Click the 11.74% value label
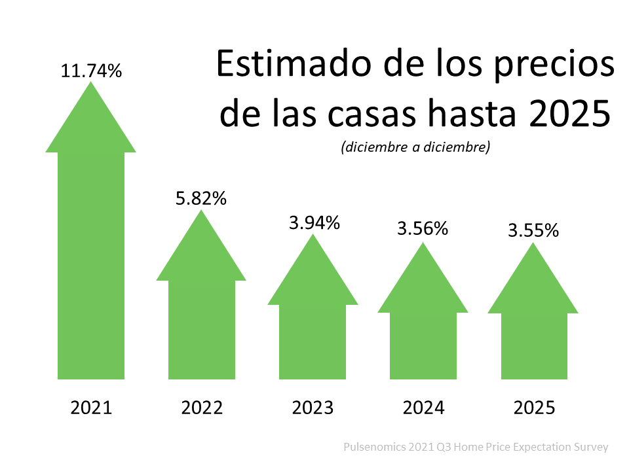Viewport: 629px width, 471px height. tap(91, 71)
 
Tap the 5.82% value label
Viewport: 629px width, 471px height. tap(201, 199)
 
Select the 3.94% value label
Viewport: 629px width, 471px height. tap(314, 223)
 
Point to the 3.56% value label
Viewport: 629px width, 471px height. tap(423, 229)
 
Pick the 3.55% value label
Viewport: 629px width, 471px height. tap(533, 230)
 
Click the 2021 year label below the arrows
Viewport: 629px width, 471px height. tap(91, 408)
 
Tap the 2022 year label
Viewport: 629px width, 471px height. tap(202, 408)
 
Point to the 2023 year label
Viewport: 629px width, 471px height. tap(313, 408)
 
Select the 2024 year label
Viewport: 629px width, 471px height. tap(423, 408)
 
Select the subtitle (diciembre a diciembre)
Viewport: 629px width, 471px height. tap(415, 148)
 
